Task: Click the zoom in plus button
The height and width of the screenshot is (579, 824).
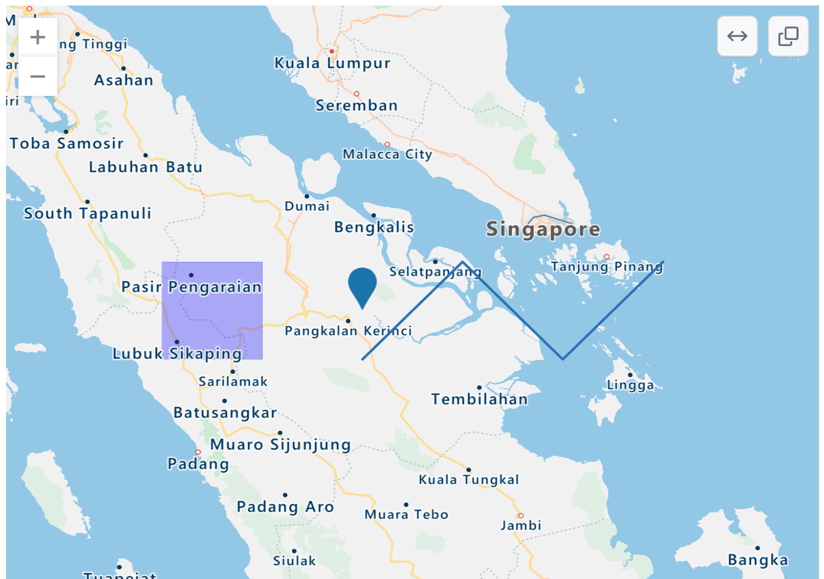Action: click(x=38, y=37)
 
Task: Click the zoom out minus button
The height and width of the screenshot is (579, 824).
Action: click(x=38, y=76)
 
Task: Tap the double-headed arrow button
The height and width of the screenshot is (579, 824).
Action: click(x=737, y=37)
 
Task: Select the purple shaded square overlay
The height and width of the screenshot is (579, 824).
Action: click(x=212, y=310)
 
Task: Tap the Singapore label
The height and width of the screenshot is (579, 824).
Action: click(x=543, y=229)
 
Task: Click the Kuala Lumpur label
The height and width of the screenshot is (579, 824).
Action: click(x=332, y=63)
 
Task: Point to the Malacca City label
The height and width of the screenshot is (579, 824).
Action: click(x=387, y=154)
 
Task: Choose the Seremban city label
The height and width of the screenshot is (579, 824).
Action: click(x=356, y=105)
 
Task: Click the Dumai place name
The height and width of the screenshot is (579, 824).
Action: click(x=307, y=206)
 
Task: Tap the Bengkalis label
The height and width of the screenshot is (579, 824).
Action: click(x=374, y=227)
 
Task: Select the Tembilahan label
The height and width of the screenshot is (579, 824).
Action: click(x=480, y=399)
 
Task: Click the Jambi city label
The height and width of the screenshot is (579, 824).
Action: click(x=521, y=526)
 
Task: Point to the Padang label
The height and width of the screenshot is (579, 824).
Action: click(x=198, y=464)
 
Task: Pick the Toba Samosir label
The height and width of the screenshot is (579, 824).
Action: click(x=66, y=143)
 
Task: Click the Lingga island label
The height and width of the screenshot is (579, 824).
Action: click(x=630, y=385)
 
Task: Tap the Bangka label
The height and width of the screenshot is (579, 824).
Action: click(x=758, y=560)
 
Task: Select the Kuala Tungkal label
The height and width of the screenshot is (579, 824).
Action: click(x=469, y=480)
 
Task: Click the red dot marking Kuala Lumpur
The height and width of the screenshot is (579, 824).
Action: click(x=332, y=51)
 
